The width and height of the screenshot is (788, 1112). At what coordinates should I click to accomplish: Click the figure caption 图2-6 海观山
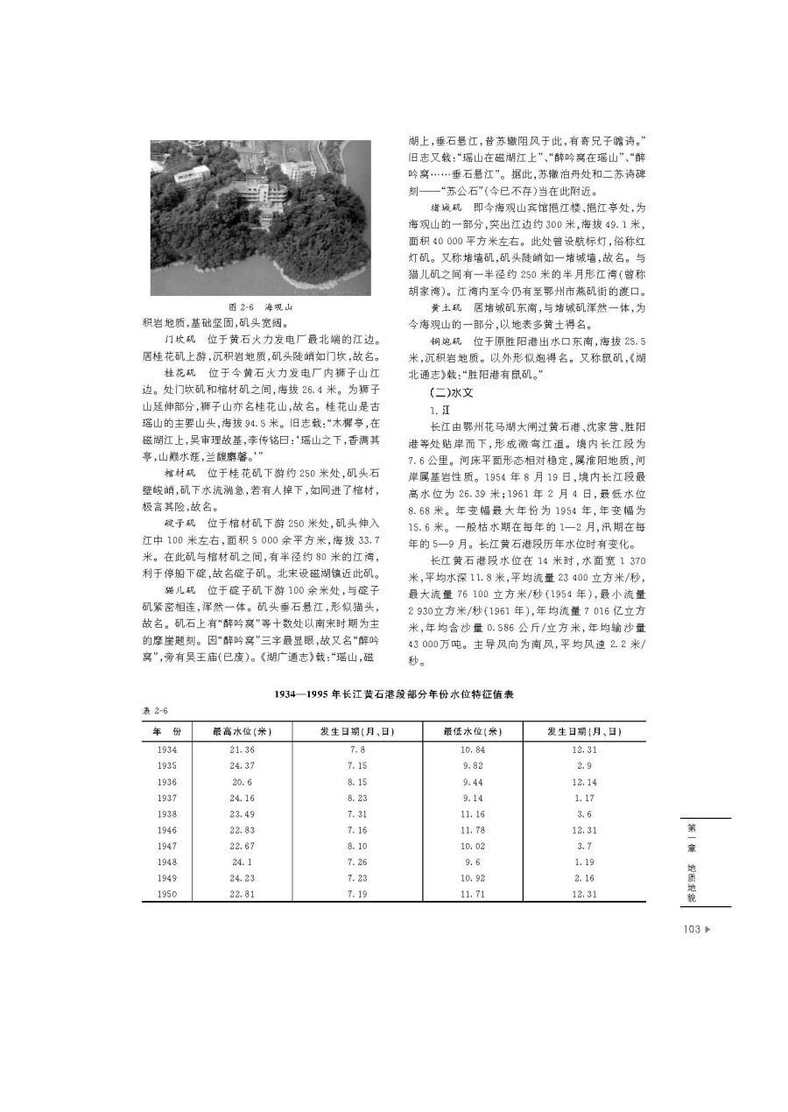point(260,308)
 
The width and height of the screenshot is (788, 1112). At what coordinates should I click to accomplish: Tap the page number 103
point(691,929)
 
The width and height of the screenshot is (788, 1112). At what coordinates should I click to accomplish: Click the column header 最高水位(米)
point(240,731)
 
